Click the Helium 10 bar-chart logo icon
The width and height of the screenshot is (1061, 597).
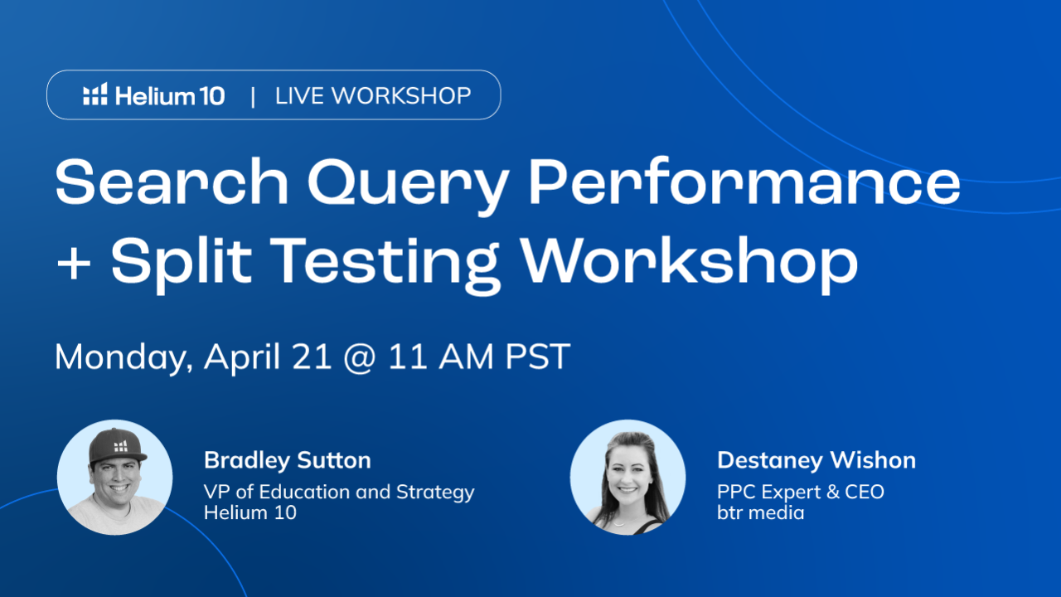point(95,95)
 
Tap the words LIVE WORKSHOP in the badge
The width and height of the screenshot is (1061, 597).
point(373,95)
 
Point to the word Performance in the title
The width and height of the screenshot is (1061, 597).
point(744,183)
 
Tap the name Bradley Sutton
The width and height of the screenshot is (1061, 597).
point(288,460)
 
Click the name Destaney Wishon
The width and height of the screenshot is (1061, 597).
point(816,460)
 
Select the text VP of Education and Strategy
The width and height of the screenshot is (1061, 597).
point(339,492)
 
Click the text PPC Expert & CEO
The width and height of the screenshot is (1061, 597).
point(801,492)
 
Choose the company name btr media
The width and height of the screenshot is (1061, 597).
point(760,512)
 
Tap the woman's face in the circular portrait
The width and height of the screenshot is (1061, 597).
point(628,480)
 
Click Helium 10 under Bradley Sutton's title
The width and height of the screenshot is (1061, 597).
point(250,512)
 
